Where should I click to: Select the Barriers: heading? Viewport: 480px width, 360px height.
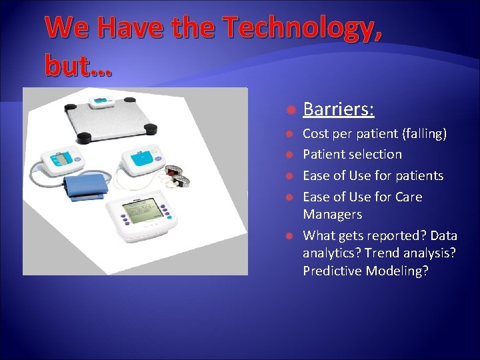tap(338, 109)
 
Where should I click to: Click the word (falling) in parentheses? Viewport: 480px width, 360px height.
tap(424, 133)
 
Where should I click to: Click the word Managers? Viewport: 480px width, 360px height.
tap(333, 214)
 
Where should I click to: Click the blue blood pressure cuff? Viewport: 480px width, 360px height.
tap(85, 186)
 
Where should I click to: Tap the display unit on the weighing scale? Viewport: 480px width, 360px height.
tap(102, 102)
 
